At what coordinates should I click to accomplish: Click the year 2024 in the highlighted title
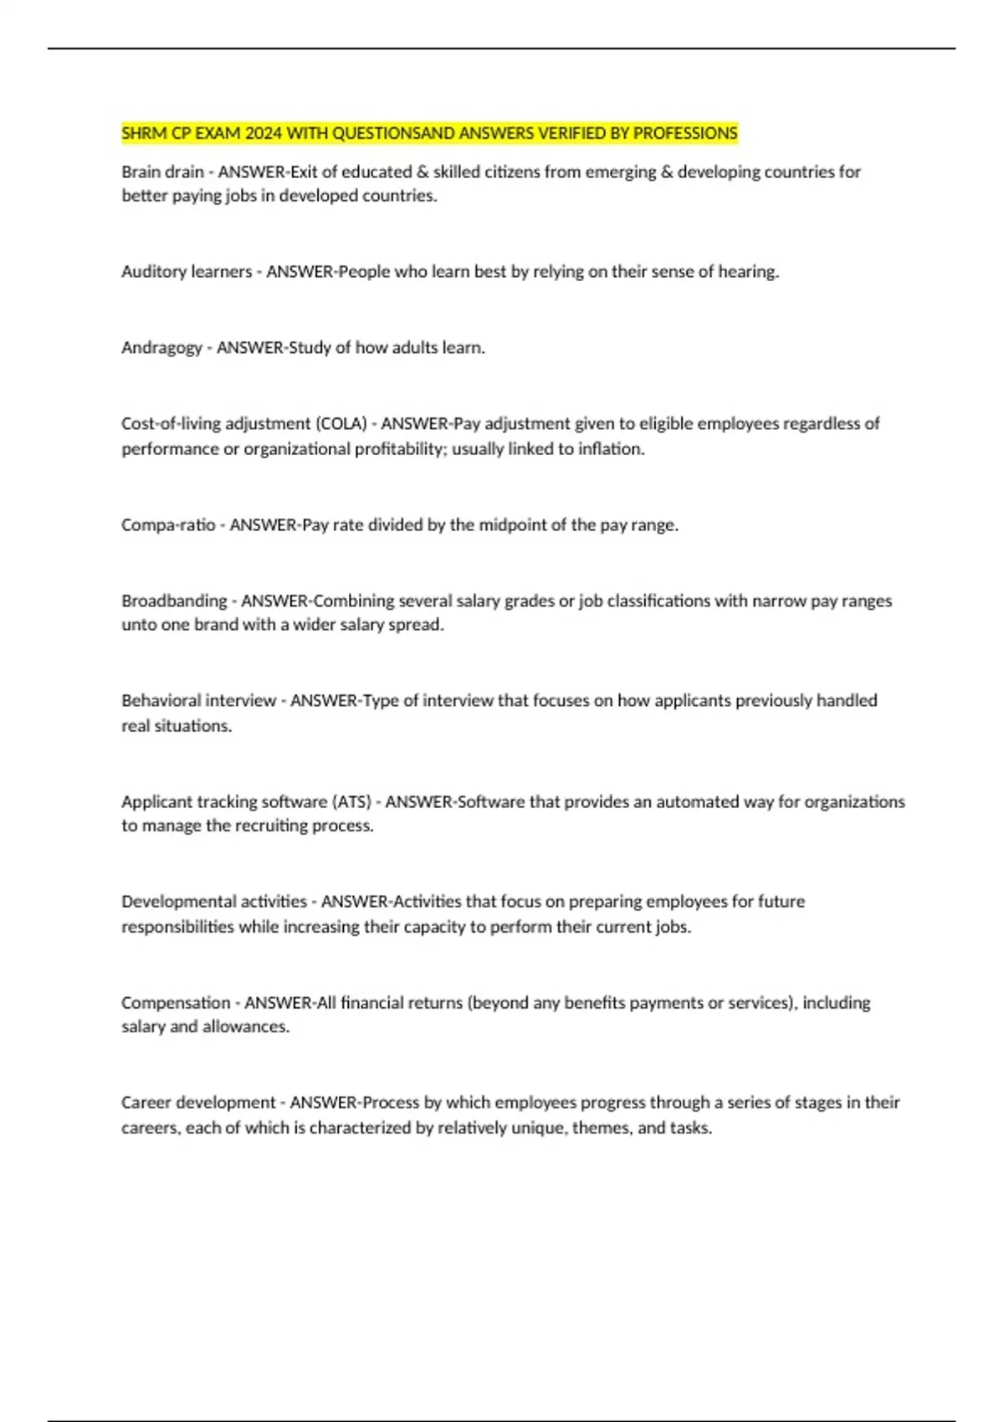[x=264, y=134]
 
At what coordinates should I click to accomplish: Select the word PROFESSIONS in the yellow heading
[x=685, y=134]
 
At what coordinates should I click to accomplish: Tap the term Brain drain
[x=162, y=172]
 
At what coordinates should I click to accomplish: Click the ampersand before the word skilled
[x=423, y=172]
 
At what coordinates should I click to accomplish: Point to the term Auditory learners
[x=187, y=272]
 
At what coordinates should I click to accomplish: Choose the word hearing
[x=748, y=272]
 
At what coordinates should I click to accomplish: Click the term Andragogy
[x=161, y=348]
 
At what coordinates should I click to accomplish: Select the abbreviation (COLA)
[x=341, y=424]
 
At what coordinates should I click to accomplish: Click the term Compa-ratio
[x=168, y=525]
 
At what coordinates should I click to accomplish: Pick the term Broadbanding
[x=174, y=601]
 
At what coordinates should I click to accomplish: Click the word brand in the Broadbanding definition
[x=216, y=625]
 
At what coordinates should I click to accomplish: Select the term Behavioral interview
[x=198, y=701]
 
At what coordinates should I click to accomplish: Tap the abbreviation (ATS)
[x=351, y=802]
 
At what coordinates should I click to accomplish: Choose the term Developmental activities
[x=214, y=902]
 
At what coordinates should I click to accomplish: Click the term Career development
[x=198, y=1102]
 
